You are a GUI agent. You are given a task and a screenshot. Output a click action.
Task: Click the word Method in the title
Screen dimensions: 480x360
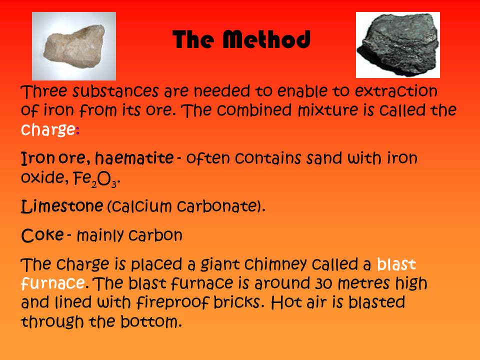266,39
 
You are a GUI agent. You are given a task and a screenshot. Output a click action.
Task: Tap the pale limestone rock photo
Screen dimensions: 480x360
74,46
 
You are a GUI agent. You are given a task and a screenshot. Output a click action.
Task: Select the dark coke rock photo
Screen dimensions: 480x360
398,45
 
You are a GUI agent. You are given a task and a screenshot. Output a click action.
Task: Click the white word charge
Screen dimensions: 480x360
48,129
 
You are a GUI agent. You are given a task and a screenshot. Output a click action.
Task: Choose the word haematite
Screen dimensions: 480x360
134,158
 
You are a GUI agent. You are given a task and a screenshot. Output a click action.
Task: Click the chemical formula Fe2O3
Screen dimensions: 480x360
95,179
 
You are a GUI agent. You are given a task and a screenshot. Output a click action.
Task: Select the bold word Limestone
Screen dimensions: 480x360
62,205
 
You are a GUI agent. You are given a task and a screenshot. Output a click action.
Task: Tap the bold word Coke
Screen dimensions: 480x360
42,235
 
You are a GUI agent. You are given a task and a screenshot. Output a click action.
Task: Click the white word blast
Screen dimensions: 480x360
396,264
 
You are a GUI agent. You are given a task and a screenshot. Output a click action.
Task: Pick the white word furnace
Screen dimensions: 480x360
52,283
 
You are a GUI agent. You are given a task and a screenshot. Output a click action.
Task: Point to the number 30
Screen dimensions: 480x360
324,283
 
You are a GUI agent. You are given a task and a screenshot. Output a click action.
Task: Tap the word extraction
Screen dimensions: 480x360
396,91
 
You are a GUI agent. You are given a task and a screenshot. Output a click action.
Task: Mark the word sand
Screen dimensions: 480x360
324,158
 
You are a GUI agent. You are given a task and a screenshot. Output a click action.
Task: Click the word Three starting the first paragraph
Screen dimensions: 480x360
44,91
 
